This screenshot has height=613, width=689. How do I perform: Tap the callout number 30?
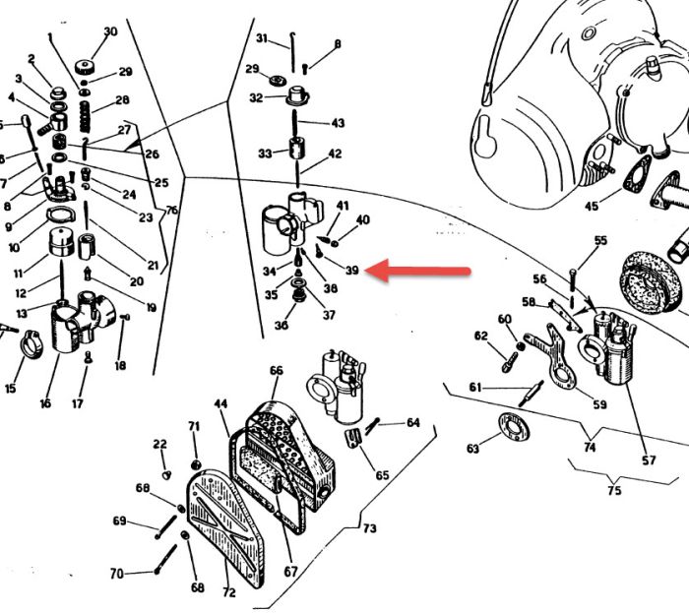click(x=110, y=31)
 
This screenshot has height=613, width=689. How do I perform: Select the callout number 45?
click(x=592, y=207)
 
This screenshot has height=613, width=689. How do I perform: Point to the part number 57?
click(x=648, y=460)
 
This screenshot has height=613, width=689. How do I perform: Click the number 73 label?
click(x=369, y=529)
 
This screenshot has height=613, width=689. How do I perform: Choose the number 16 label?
click(x=44, y=403)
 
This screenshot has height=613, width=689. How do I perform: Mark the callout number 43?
click(x=338, y=124)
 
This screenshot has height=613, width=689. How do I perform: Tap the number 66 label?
click(x=277, y=370)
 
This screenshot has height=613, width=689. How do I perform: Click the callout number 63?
click(x=473, y=449)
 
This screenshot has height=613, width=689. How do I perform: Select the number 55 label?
click(x=600, y=241)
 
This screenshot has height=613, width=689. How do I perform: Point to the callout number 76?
click(x=171, y=211)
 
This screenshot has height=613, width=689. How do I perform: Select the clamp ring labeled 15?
click(x=32, y=346)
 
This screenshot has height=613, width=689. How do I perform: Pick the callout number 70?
click(x=117, y=574)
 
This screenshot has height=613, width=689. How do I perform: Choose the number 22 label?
click(x=160, y=445)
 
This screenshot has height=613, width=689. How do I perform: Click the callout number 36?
click(x=282, y=327)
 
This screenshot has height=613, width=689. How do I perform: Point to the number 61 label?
click(x=475, y=388)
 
